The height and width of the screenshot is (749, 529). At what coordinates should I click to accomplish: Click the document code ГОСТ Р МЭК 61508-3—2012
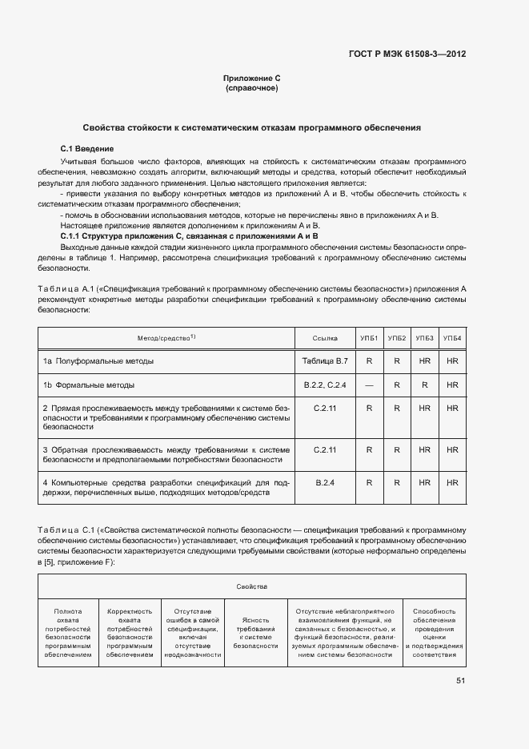[407, 54]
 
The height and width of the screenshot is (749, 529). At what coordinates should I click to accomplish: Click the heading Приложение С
[252, 79]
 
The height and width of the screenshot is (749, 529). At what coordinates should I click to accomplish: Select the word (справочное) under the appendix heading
[252, 88]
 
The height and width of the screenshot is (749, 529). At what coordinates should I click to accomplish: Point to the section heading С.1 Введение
[87, 149]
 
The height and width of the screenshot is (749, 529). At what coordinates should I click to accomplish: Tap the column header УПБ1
[369, 339]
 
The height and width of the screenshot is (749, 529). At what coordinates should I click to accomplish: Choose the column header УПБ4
[452, 339]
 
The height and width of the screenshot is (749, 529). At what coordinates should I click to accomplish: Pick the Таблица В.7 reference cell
[325, 361]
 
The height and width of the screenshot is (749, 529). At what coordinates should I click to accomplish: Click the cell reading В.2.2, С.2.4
[325, 385]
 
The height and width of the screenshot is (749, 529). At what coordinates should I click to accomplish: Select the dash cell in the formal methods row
[369, 385]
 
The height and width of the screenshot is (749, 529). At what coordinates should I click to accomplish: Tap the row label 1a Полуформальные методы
[98, 361]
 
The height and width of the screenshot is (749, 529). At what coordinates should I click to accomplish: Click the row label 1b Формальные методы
[89, 385]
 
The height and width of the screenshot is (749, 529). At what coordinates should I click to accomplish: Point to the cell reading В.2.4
[325, 482]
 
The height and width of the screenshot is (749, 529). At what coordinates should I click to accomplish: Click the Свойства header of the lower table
[251, 587]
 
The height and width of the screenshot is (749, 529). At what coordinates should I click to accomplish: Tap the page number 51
[460, 681]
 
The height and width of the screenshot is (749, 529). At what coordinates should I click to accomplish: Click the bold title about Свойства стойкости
[252, 128]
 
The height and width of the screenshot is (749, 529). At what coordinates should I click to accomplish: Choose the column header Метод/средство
[166, 339]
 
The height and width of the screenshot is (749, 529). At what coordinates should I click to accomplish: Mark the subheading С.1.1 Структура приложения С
[190, 236]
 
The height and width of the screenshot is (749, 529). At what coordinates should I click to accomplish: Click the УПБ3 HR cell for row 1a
[424, 361]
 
